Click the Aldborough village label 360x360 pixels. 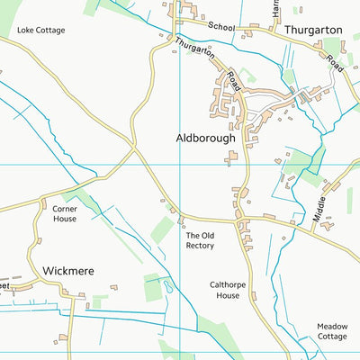point(204,139)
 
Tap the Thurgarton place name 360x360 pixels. point(312,30)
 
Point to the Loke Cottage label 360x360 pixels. point(41,30)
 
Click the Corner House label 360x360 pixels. point(64,212)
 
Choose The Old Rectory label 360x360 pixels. point(200,240)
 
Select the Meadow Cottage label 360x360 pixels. point(331,331)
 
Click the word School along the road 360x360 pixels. point(220,27)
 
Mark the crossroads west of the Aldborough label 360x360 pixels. point(135,149)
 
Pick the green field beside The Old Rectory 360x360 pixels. point(162,229)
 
